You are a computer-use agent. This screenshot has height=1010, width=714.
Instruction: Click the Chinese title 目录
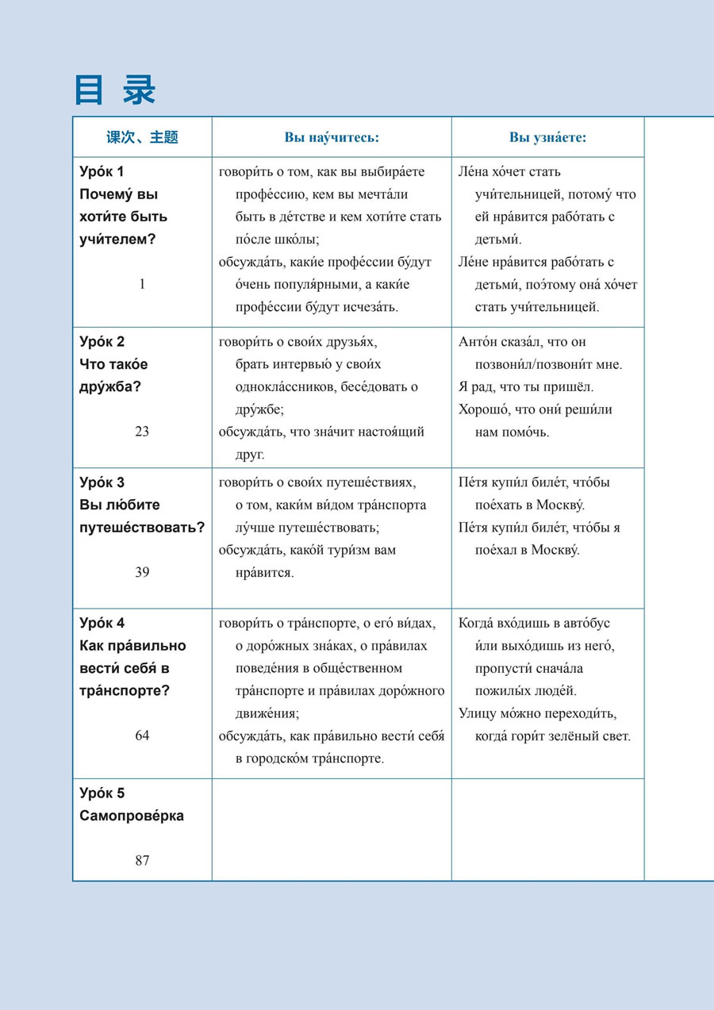[115, 90]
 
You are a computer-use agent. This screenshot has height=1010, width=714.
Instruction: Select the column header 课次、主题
[142, 137]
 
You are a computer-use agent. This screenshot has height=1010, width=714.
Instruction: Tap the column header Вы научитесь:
[332, 137]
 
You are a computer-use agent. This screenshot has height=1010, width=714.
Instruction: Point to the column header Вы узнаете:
[547, 137]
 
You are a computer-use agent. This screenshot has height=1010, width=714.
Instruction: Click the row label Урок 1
[102, 171]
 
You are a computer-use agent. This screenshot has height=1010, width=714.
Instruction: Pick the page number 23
[142, 432]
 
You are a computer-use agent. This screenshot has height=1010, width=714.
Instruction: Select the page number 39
[142, 572]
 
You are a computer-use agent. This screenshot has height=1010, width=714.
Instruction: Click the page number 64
[142, 735]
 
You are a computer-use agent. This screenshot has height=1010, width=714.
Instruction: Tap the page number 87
[142, 860]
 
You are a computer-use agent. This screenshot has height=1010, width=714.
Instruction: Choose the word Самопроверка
[132, 816]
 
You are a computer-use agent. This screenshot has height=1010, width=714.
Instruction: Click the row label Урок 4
[102, 623]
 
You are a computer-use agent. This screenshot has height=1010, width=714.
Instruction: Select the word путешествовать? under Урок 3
[143, 528]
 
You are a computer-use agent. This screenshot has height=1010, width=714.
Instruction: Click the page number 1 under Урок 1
[142, 283]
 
